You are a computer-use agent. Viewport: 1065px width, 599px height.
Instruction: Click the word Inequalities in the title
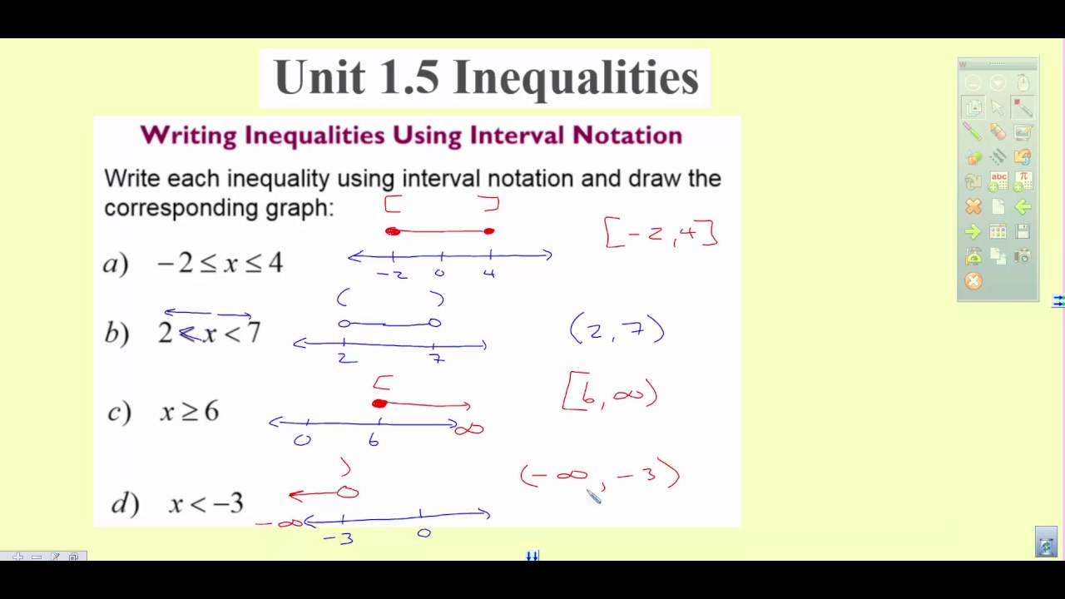(575, 78)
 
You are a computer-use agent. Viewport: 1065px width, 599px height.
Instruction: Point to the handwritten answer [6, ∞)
(610, 393)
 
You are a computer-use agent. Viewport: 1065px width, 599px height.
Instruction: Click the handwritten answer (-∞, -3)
(600, 477)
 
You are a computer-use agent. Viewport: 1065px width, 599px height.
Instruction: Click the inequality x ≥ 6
(190, 411)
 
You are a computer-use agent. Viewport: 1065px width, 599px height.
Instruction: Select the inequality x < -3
(206, 503)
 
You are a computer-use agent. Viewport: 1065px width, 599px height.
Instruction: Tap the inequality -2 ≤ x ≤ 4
(220, 264)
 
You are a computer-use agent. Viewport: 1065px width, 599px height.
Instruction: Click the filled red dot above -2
(394, 231)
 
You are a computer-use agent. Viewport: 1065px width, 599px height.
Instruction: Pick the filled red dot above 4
(489, 231)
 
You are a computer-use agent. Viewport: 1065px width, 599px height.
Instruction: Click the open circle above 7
(433, 323)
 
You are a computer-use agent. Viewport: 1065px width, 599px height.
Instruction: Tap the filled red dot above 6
(379, 403)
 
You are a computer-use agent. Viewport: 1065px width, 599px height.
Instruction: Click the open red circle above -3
(348, 493)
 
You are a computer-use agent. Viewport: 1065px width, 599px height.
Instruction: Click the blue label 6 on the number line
(374, 441)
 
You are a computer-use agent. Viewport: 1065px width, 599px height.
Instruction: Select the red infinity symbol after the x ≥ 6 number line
(469, 429)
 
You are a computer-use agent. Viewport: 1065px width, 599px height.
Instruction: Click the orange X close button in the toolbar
(973, 281)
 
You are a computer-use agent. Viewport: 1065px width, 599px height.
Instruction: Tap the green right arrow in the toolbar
(973, 231)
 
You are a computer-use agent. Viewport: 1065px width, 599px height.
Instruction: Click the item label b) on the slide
(116, 334)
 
